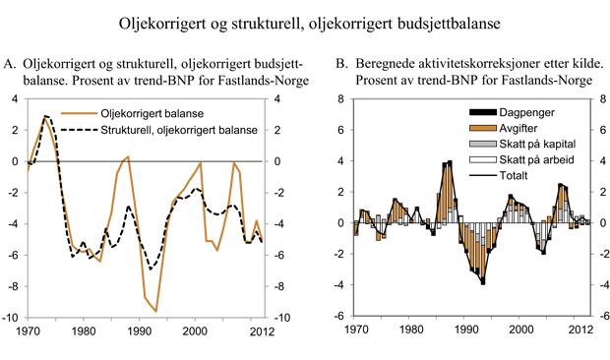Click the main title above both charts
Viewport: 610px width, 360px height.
pyautogui.click(x=305, y=22)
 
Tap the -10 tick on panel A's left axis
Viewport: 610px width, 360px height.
pyautogui.click(x=13, y=319)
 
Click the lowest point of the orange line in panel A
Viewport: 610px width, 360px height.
pyautogui.click(x=155, y=312)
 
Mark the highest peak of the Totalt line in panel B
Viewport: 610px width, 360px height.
pyautogui.click(x=450, y=161)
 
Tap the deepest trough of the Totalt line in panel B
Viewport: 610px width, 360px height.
pyautogui.click(x=483, y=284)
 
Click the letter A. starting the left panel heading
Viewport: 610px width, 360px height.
pyautogui.click(x=10, y=64)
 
